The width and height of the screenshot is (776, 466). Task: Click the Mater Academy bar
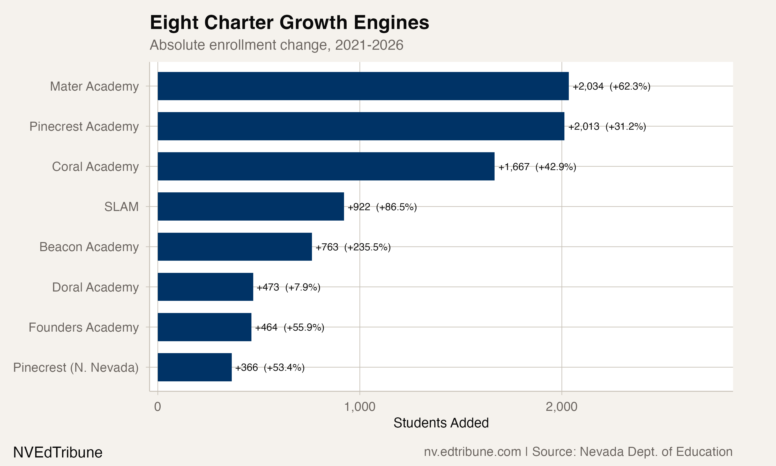point(363,86)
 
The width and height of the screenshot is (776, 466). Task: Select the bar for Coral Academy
point(326,166)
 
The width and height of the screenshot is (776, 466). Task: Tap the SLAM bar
point(251,207)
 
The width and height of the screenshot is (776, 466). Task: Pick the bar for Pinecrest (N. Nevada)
point(195,367)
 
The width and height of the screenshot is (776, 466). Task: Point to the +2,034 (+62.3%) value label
point(611,86)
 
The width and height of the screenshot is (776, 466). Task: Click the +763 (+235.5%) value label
point(353,247)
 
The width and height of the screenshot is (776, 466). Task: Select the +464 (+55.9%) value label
point(289,327)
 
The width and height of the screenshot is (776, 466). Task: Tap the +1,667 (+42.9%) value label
point(537,167)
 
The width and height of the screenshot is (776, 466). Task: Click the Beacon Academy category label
point(89,247)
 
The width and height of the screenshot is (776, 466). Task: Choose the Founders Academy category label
point(84,327)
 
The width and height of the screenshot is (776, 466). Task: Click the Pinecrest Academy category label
point(84,126)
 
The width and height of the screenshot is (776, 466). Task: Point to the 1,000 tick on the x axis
point(360,407)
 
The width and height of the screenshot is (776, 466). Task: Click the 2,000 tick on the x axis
point(561,407)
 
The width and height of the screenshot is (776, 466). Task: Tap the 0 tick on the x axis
point(158,407)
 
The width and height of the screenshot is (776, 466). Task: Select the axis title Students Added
point(441,423)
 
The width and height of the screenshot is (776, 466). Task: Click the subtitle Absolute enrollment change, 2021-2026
point(276,45)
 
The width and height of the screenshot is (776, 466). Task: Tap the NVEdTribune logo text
point(58,453)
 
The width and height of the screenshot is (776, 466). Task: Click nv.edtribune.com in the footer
point(472,452)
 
